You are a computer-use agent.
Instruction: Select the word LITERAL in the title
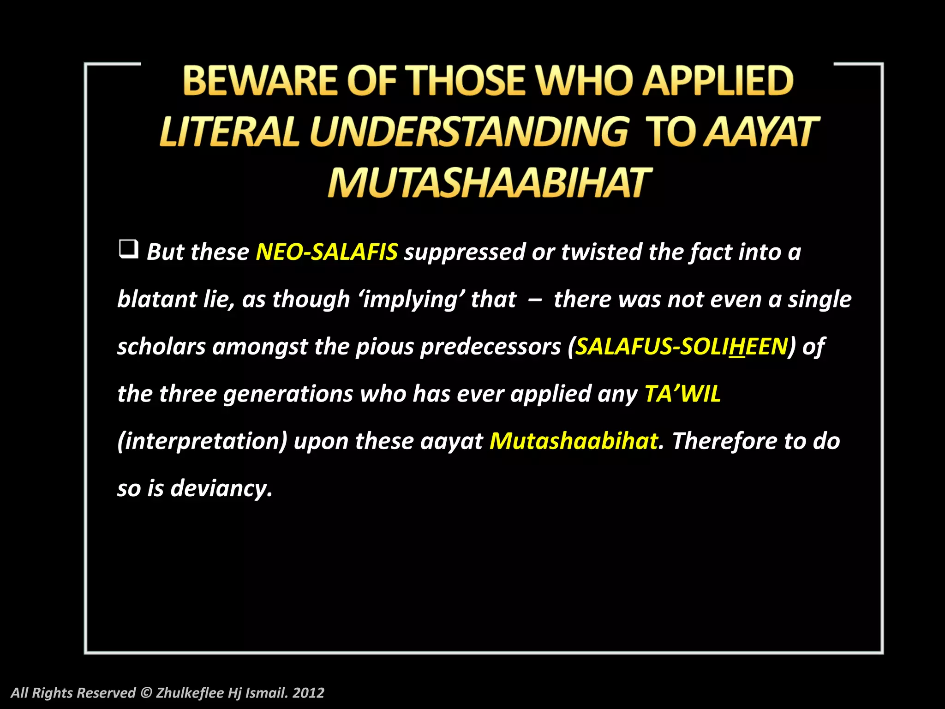[x=229, y=132]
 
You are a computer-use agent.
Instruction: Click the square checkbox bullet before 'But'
[x=128, y=249]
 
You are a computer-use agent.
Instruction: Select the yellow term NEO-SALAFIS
[x=326, y=252]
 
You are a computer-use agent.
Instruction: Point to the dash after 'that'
[x=535, y=300]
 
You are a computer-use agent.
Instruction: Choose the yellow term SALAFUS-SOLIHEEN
[x=682, y=347]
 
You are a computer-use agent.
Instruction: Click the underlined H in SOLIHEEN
[x=737, y=347]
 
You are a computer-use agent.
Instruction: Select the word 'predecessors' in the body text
[x=490, y=347]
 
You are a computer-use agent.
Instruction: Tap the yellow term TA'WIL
[x=682, y=394]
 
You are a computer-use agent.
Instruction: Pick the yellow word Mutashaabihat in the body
[x=574, y=441]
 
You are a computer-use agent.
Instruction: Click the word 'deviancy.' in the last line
[x=221, y=488]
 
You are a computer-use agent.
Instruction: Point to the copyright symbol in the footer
[x=146, y=692]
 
